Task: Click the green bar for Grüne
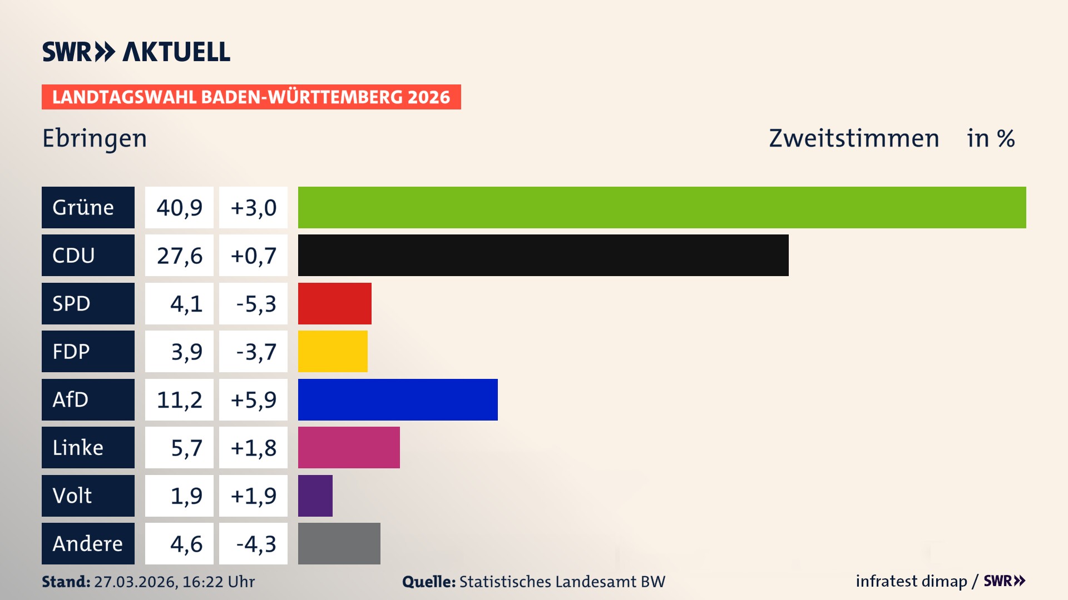click(662, 207)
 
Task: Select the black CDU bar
click(543, 256)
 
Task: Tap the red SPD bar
click(334, 303)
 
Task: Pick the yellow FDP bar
click(333, 351)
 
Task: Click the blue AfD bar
click(398, 399)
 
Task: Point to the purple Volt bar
click(315, 496)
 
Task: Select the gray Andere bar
click(339, 543)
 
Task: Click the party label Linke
click(78, 448)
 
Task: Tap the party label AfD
click(71, 399)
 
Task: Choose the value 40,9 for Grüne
click(179, 208)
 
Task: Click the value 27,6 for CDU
click(179, 256)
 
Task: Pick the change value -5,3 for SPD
click(255, 304)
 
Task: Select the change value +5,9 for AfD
click(253, 400)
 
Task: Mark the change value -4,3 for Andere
click(255, 544)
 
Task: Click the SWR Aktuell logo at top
click(136, 52)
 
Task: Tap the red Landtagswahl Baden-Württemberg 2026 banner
click(251, 97)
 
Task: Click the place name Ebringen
click(95, 138)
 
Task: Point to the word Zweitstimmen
click(854, 138)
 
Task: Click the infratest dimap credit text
click(911, 581)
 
